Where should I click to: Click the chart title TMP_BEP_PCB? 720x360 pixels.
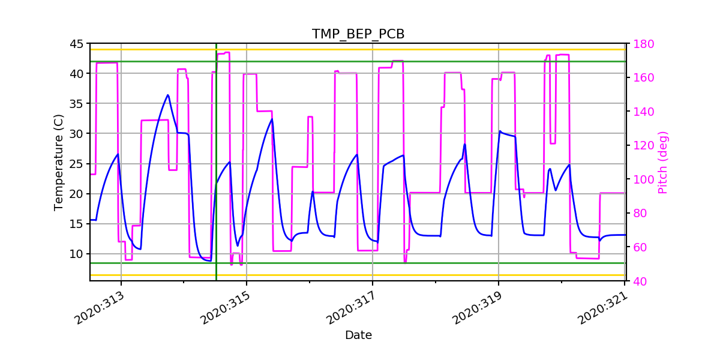[358, 34]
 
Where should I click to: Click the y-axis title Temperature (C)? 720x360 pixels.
[58, 163]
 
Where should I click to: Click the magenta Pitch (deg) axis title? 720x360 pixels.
[662, 163]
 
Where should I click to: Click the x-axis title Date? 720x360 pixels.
[358, 335]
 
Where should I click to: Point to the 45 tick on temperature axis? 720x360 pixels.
[76, 44]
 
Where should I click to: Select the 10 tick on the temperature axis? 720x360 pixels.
[76, 254]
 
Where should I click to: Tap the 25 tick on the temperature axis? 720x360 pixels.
[76, 164]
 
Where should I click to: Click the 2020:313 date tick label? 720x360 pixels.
[100, 307]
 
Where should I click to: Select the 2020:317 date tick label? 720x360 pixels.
[352, 307]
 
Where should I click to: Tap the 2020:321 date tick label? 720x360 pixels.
[603, 307]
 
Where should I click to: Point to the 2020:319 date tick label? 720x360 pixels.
[478, 307]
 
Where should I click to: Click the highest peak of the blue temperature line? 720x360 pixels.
[168, 95]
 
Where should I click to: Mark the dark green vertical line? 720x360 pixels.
[217, 180]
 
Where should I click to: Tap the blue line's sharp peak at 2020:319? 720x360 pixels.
[500, 131]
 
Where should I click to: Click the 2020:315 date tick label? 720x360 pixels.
[226, 307]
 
